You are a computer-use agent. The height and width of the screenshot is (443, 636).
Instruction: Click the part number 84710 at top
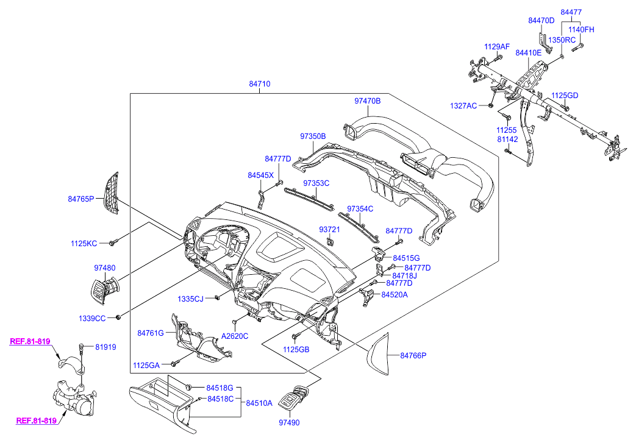[x=259, y=84]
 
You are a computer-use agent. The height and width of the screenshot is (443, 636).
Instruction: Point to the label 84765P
[x=81, y=199]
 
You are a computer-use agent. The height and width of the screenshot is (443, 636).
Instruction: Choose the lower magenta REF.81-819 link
[x=36, y=420]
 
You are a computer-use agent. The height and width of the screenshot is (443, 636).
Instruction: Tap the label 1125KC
[x=83, y=244]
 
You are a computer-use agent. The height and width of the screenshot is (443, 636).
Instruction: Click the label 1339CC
[x=91, y=317]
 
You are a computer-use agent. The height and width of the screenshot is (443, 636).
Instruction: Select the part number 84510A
[x=259, y=403]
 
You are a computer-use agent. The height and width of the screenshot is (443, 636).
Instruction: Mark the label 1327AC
[x=463, y=105]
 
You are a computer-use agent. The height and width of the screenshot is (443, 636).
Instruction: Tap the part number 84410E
[x=528, y=53]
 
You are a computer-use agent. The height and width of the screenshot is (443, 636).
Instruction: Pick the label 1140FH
[x=581, y=29]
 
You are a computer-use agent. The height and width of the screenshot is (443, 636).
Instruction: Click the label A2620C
[x=235, y=336]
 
